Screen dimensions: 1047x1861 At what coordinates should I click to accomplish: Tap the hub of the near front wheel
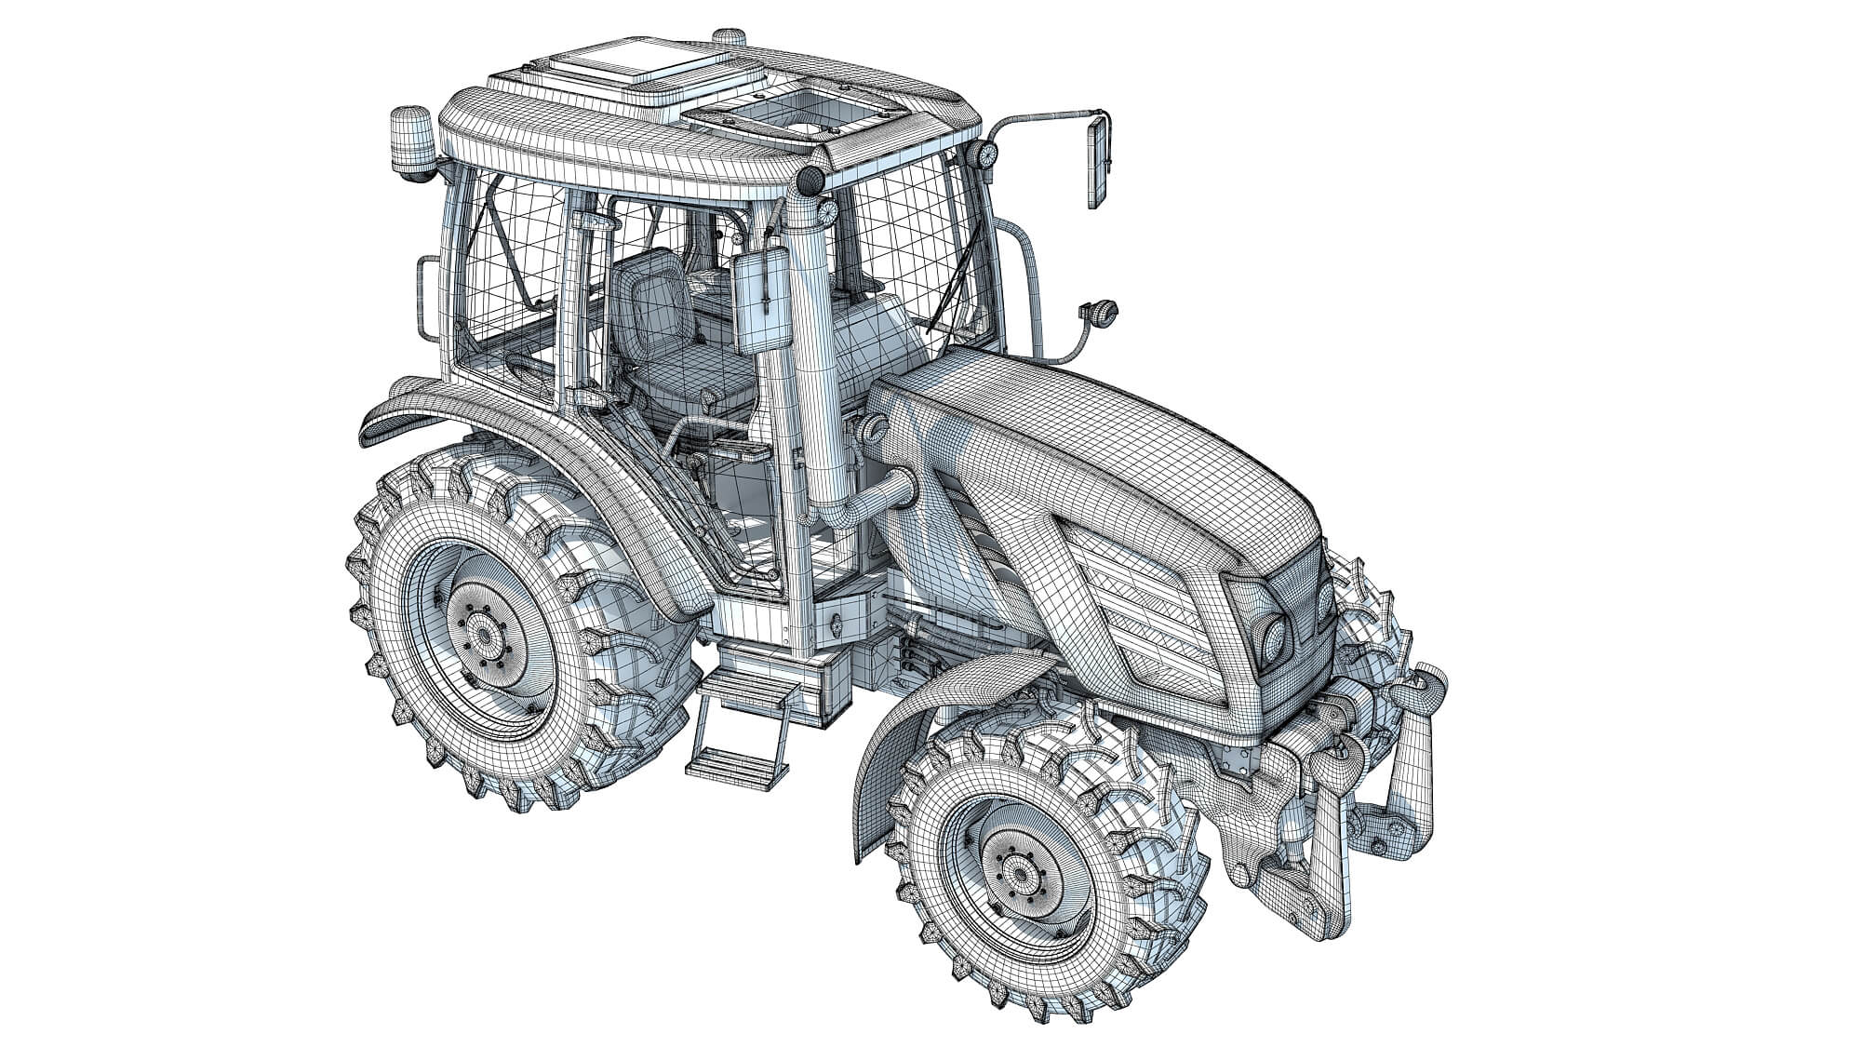click(x=1020, y=874)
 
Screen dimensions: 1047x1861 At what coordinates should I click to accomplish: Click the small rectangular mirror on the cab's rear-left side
click(x=427, y=298)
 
